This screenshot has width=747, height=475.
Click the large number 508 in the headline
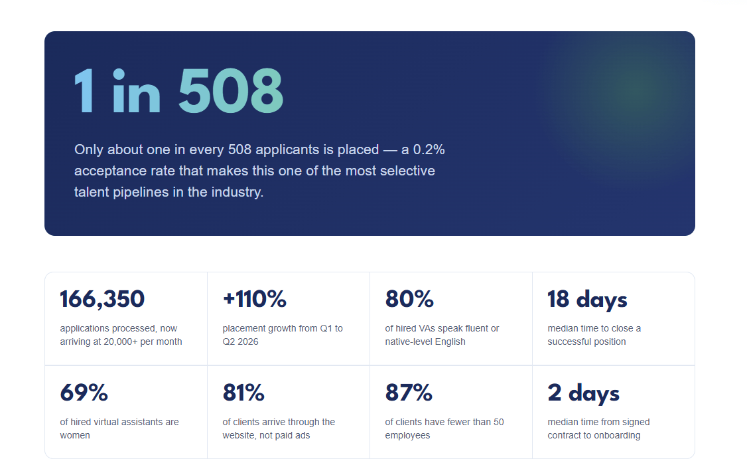tap(231, 90)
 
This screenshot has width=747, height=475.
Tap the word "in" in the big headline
tap(137, 90)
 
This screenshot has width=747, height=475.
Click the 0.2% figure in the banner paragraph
tap(429, 149)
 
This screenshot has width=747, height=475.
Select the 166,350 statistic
tap(102, 299)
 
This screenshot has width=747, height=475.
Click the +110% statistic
tap(254, 299)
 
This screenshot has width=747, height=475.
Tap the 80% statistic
tap(409, 299)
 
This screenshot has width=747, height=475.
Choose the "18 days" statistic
tap(587, 300)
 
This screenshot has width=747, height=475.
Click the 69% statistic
tap(84, 393)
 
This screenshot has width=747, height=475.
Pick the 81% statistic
tap(243, 393)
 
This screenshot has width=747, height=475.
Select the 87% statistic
tap(409, 393)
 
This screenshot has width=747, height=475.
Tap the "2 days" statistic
tap(584, 393)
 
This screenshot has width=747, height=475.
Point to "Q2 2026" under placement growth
tap(241, 341)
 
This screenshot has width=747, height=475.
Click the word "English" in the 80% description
tap(450, 341)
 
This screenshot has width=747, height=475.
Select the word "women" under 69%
tap(75, 435)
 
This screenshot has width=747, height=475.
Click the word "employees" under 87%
tap(408, 435)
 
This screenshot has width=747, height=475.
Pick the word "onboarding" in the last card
tap(617, 435)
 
